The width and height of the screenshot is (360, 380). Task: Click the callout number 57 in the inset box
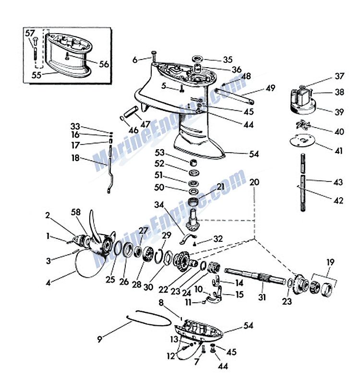click(30, 33)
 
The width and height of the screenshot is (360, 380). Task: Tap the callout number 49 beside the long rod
click(270, 88)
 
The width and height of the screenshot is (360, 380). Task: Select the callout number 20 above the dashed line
click(254, 182)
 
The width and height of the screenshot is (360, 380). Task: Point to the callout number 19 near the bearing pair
click(330, 262)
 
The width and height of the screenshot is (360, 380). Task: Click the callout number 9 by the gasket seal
click(99, 339)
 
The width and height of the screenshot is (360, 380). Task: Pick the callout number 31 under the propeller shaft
click(262, 297)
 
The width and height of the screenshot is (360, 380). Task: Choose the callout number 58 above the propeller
click(76, 212)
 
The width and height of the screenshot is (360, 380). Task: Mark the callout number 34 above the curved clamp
click(159, 205)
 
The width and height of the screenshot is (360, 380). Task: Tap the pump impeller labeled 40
click(303, 125)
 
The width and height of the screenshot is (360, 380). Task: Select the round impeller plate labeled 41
click(302, 141)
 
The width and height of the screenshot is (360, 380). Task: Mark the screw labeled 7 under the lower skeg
click(203, 349)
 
